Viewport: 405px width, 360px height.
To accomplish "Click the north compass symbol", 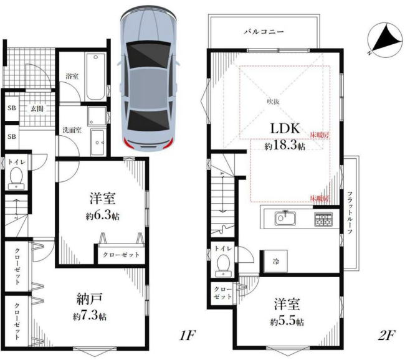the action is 385,39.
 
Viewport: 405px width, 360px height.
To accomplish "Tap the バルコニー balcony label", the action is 264,32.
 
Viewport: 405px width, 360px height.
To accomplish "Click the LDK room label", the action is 285,128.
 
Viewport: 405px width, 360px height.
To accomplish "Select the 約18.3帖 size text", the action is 285,146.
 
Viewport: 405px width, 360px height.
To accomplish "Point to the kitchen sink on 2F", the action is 285,218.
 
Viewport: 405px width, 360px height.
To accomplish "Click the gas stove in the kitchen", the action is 323,219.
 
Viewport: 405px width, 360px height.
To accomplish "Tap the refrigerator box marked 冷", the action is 275,261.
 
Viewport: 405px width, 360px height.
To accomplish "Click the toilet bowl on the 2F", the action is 222,264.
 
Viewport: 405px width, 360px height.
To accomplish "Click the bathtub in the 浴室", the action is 96,77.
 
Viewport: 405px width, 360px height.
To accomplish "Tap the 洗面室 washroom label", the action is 72,130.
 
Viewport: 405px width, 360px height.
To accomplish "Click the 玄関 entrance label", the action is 37,108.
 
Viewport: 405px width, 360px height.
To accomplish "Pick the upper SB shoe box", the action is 12,108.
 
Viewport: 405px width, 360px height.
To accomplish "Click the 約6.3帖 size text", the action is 103,216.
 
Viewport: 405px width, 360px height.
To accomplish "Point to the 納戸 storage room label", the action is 90,299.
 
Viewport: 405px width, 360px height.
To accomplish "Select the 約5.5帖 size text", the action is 287,322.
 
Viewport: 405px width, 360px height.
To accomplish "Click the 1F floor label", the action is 187,336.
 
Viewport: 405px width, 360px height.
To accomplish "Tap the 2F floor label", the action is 386,336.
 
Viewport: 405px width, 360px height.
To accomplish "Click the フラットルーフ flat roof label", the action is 350,213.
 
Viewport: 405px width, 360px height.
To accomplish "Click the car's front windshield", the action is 148,54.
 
